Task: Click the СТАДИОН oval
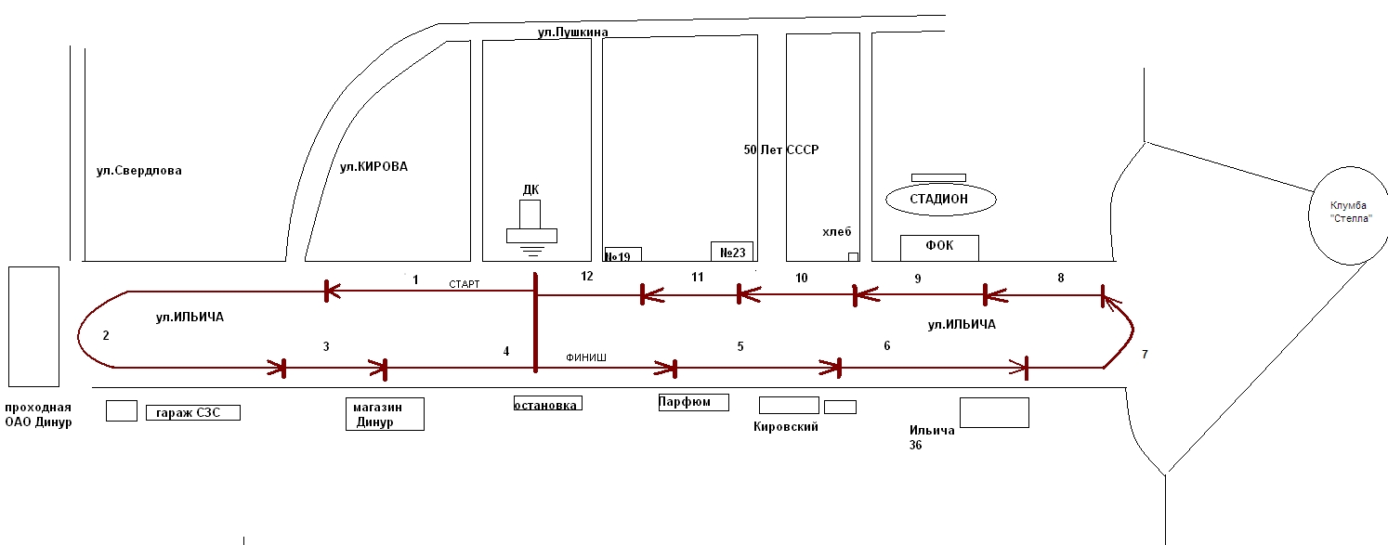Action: pos(940,199)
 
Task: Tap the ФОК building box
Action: pos(939,247)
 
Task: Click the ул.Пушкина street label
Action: pos(572,32)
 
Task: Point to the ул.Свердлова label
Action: pos(139,171)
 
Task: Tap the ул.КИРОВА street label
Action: pos(373,167)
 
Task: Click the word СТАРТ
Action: pos(464,284)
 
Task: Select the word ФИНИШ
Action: pos(583,357)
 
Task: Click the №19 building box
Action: pos(622,254)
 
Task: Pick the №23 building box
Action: pos(732,251)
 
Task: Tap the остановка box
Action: pos(548,404)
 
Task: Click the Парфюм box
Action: pos(692,402)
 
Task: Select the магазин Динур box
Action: pos(385,414)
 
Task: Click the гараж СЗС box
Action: pos(193,412)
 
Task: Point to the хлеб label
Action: pos(836,232)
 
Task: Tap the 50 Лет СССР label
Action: pos(781,149)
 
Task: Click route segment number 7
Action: pos(1145,355)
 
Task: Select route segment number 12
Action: pos(586,276)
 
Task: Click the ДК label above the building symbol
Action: pos(530,190)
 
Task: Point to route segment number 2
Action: pos(106,335)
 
